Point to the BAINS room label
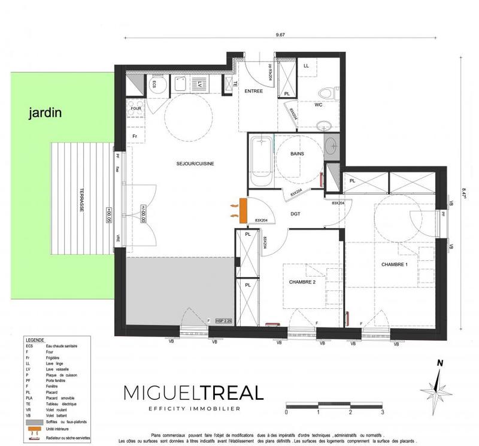[x=297, y=154]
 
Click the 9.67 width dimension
[x=280, y=35]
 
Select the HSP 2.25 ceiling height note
[x=223, y=322]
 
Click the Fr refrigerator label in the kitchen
[x=135, y=136]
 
